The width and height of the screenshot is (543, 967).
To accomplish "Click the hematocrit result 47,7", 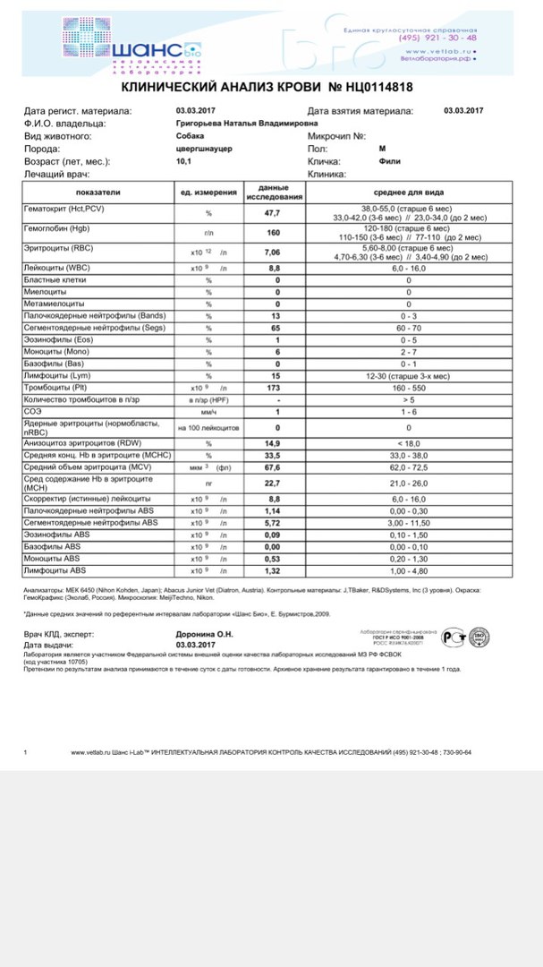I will point(272,213).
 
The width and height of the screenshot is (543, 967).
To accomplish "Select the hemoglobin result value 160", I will point(272,233).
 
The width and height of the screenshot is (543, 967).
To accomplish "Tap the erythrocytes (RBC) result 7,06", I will point(272,252).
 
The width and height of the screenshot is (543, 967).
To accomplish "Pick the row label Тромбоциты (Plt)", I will point(55,388).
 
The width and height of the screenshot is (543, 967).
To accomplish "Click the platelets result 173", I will point(272,388).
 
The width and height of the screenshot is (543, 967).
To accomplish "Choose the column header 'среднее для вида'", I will point(409,193).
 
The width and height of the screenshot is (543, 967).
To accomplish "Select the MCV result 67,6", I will point(272,466).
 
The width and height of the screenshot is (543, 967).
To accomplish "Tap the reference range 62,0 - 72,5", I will point(409,466).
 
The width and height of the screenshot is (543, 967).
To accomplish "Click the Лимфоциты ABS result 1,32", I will point(272,569).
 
